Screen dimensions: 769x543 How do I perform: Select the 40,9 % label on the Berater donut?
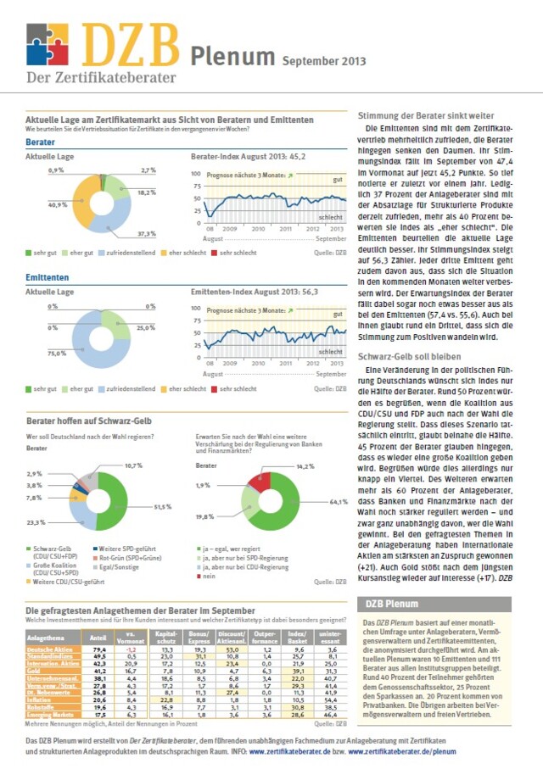[x=58, y=205]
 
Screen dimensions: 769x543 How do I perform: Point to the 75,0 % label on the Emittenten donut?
[x=58, y=354]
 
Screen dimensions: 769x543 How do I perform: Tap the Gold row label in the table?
[x=36, y=670]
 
